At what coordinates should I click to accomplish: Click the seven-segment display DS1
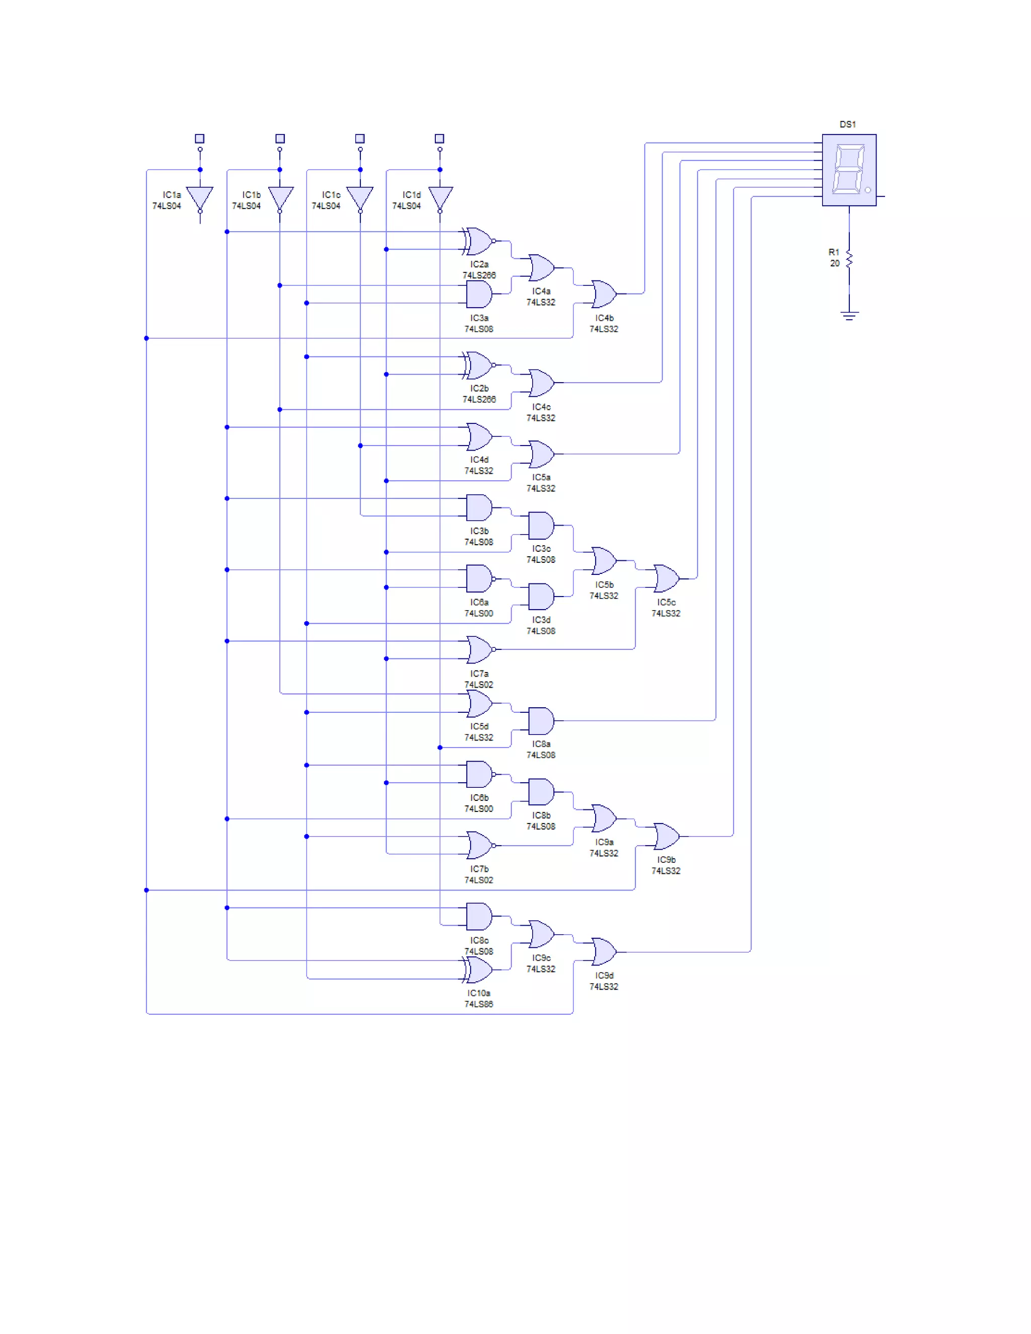[848, 170]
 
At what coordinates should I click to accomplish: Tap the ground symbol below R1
[848, 315]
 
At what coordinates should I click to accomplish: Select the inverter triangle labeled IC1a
[200, 197]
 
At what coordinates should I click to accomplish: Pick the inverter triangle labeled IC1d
[440, 197]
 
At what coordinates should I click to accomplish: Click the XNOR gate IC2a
[479, 241]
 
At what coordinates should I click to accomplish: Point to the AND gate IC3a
[479, 294]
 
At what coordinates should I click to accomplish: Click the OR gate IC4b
[604, 294]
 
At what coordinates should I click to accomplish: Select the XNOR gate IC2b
[479, 365]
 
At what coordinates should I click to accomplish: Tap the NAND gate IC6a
[479, 578]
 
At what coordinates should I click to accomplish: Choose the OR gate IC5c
[666, 578]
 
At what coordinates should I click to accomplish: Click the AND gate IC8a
[541, 721]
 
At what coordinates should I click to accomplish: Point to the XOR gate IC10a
[479, 970]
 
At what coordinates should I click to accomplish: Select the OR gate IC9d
[604, 951]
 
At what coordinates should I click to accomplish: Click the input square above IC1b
[280, 138]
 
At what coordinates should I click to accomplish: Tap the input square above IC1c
[360, 138]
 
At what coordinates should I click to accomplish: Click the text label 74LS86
[478, 1004]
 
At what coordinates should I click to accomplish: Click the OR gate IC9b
[666, 836]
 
